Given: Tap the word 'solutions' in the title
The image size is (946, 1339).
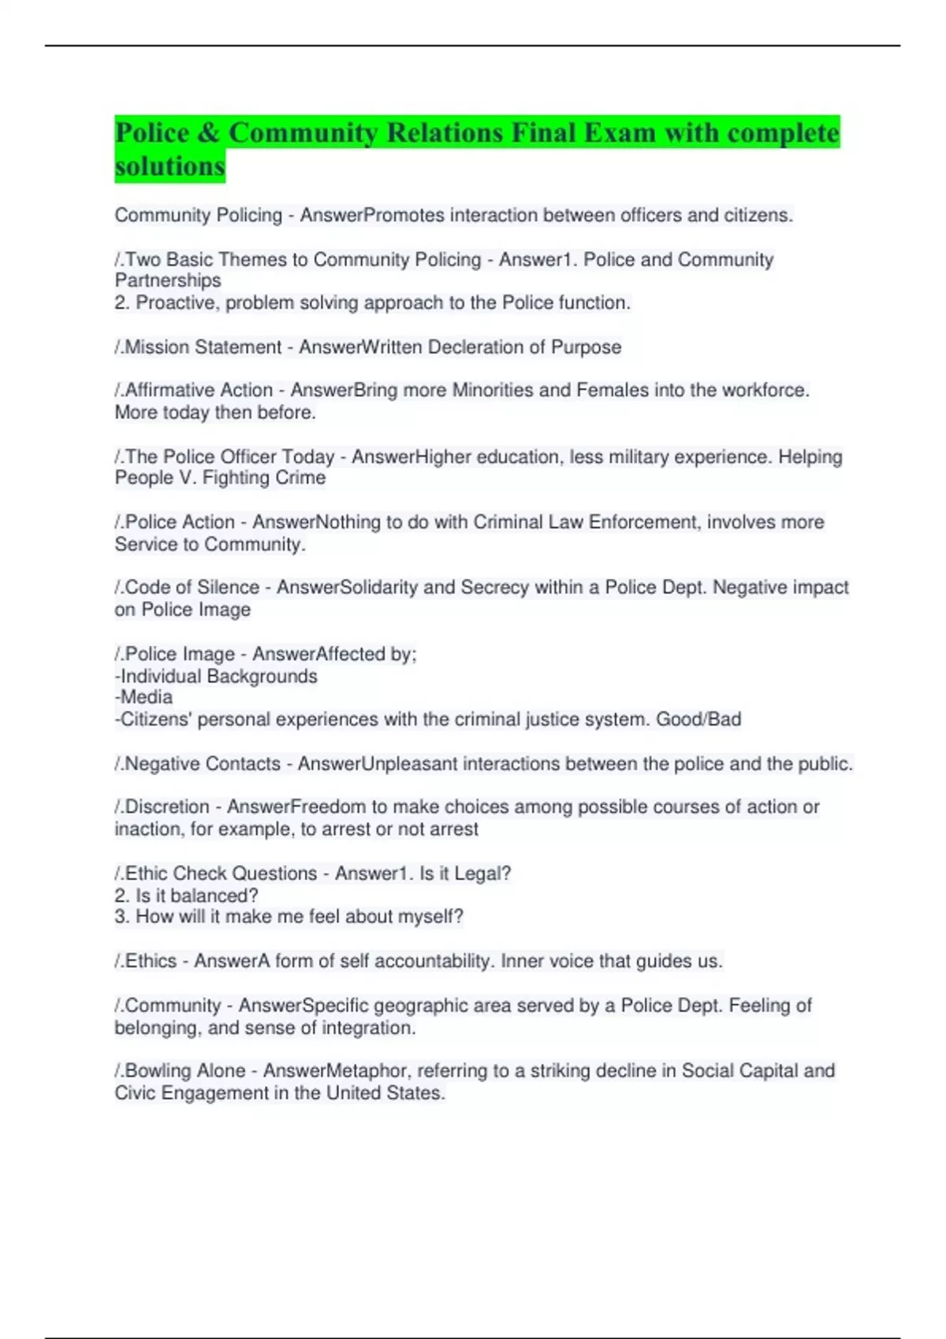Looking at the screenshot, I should (169, 166).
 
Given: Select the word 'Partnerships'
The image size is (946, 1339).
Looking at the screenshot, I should (168, 280).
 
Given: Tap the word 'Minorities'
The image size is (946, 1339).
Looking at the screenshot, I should (494, 390).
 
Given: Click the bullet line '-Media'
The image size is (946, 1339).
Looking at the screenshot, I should (143, 697).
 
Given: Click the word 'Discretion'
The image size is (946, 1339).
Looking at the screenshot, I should (167, 807).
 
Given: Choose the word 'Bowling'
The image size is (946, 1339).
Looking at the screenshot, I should (156, 1071).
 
